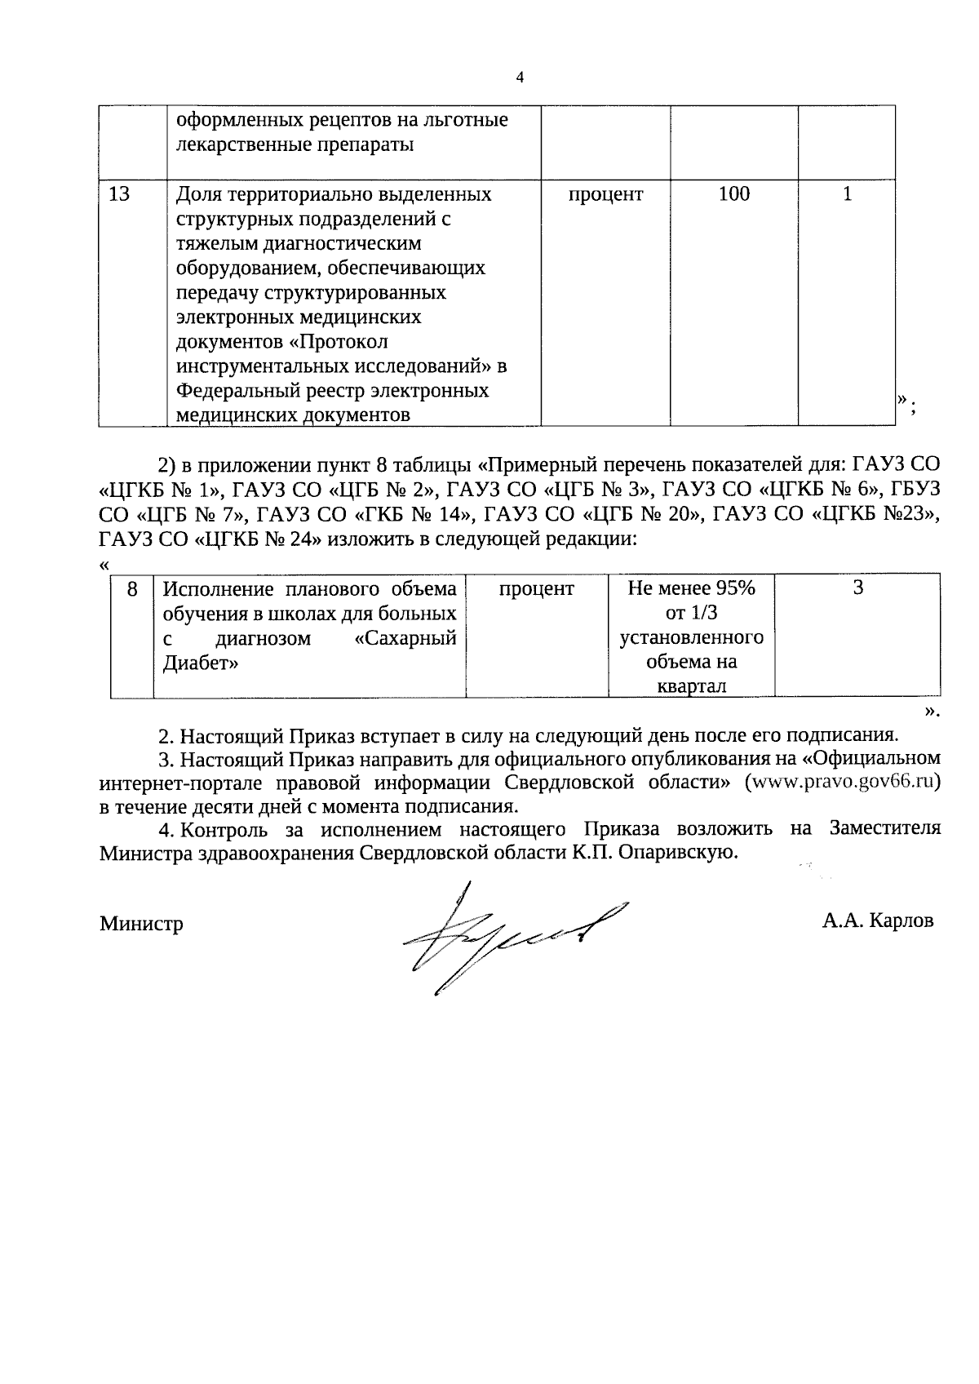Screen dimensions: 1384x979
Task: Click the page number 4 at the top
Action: coord(521,78)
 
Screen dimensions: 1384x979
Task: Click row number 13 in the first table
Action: coord(119,194)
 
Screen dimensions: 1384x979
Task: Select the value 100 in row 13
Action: coord(733,194)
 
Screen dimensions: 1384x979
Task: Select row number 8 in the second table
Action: coord(132,588)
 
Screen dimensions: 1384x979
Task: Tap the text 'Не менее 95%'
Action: coord(691,588)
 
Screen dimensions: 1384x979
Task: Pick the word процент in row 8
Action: coord(536,588)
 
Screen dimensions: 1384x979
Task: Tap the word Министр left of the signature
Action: coord(141,924)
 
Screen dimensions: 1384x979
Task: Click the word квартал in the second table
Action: coord(691,686)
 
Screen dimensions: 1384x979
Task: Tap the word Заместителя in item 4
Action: coord(884,828)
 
